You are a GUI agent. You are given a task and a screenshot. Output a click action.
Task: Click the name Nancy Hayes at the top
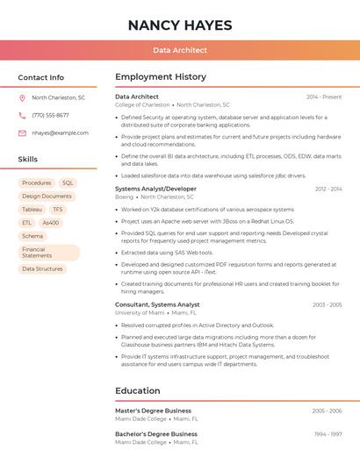(x=180, y=25)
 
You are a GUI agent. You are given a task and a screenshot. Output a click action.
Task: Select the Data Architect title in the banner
(x=180, y=50)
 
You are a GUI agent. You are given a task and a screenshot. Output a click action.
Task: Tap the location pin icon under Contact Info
(x=22, y=97)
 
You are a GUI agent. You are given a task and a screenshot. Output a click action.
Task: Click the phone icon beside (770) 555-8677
(x=22, y=115)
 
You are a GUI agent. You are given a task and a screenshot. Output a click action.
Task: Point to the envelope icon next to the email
(x=22, y=133)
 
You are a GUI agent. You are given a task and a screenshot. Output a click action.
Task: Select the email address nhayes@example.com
(x=61, y=133)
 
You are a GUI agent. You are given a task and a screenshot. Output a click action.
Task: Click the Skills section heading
(x=28, y=160)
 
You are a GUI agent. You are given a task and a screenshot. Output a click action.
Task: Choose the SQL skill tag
(x=68, y=183)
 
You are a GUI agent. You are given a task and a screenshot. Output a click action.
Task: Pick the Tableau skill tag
(x=32, y=210)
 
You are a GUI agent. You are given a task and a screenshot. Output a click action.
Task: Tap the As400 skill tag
(x=51, y=223)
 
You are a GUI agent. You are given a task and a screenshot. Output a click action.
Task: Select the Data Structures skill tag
(x=42, y=269)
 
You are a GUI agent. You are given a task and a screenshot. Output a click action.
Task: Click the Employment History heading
(x=160, y=77)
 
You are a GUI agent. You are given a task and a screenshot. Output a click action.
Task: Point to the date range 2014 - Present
(x=324, y=97)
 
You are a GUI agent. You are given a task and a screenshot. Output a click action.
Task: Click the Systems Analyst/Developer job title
(x=155, y=189)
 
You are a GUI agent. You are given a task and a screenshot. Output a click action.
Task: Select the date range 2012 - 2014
(x=328, y=190)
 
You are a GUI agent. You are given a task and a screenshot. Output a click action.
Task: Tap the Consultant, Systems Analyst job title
(x=157, y=304)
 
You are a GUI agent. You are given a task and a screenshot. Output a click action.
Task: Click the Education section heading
(x=137, y=390)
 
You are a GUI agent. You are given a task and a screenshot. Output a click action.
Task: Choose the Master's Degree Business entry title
(x=153, y=411)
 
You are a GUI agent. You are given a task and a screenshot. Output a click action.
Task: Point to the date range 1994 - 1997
(x=328, y=434)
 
